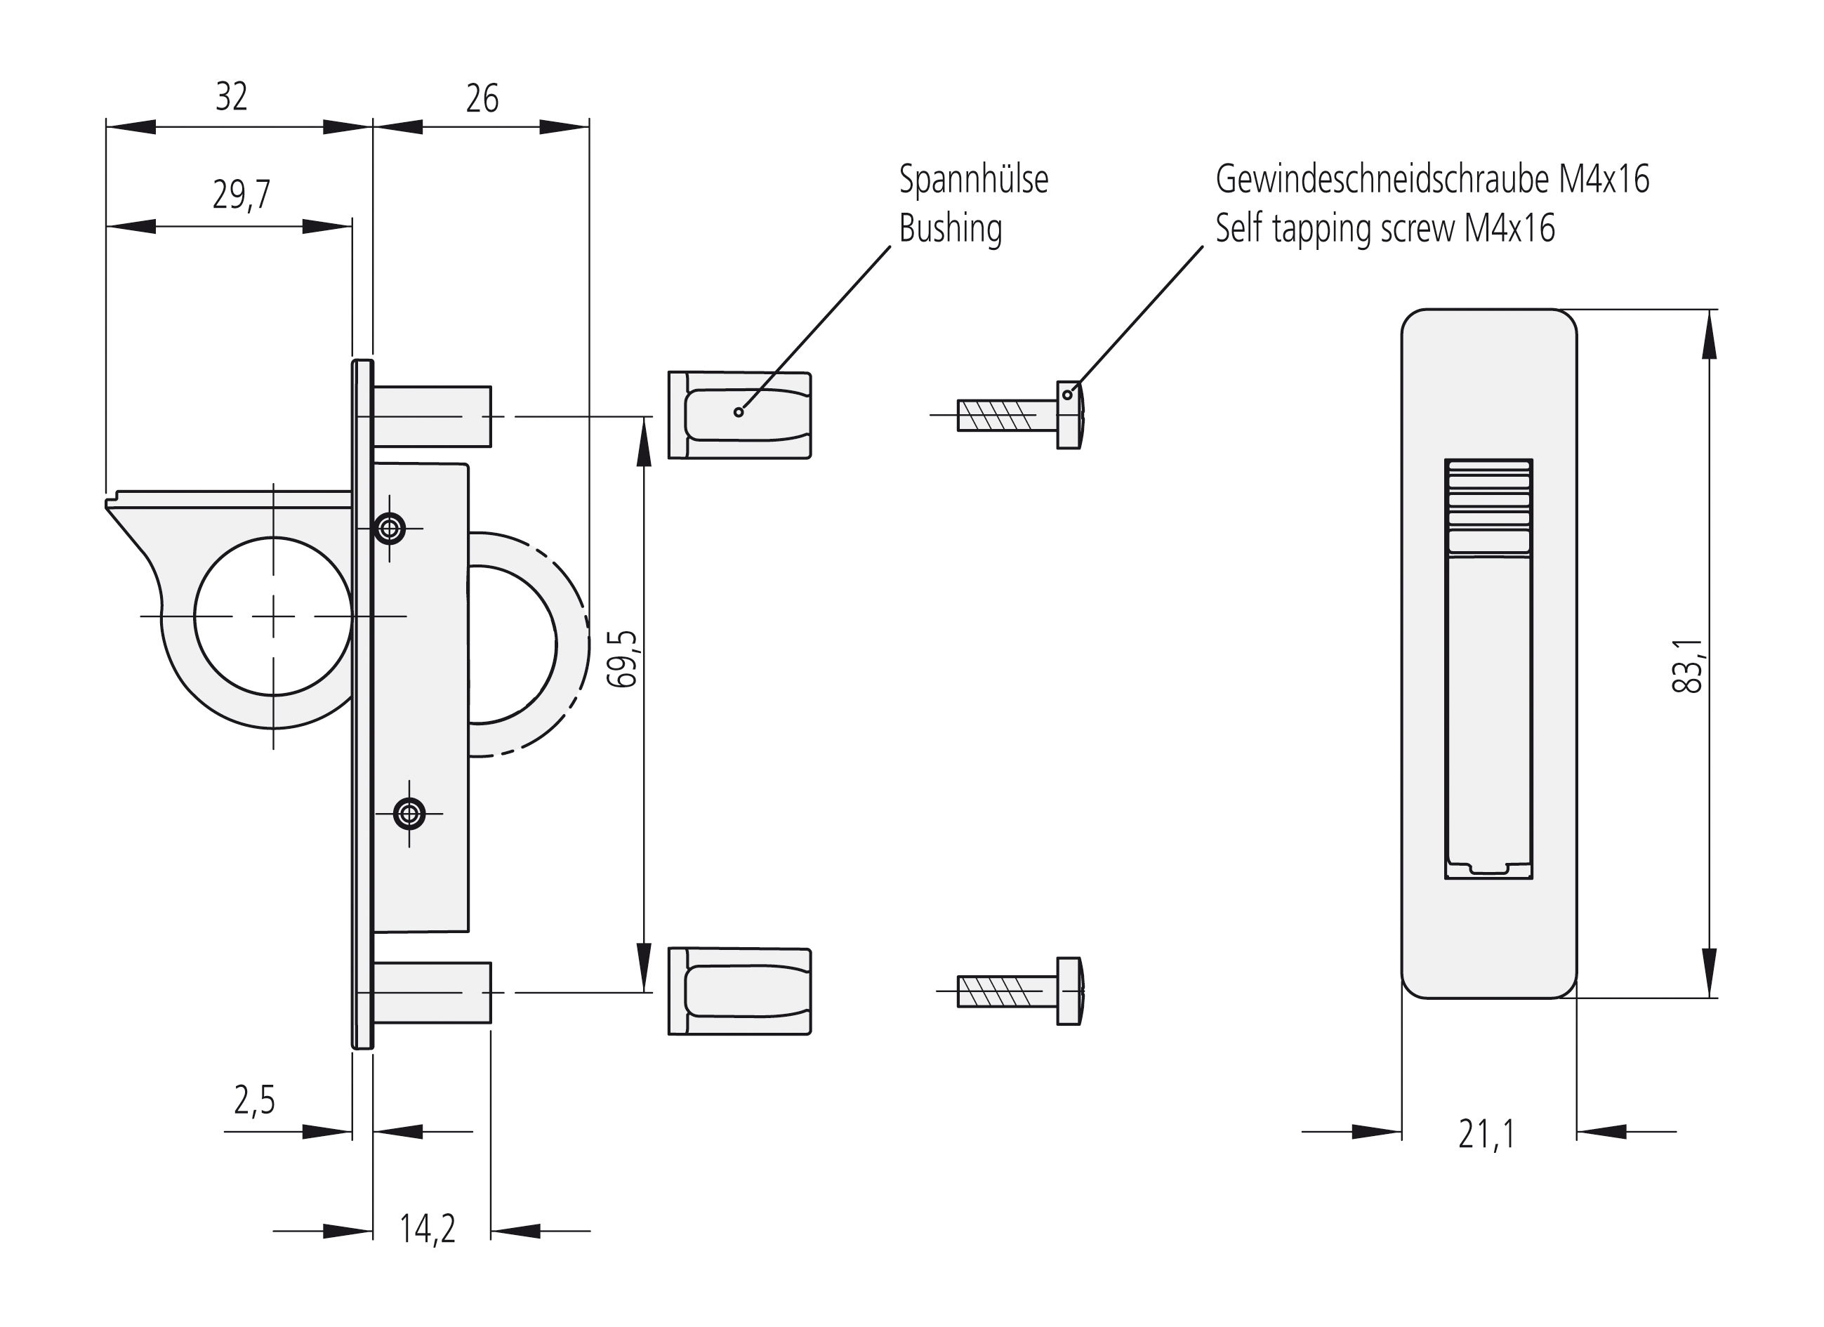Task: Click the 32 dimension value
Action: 232,98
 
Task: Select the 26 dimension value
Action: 482,99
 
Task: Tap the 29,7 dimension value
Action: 242,194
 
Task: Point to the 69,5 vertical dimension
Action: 621,659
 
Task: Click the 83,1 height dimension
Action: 1687,666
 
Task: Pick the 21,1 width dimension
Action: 1487,1135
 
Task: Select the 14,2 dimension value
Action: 427,1229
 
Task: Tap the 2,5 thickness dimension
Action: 254,1101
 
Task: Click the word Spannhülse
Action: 973,179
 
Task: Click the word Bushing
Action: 950,229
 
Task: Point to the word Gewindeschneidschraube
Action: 1385,179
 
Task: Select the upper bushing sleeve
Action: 739,415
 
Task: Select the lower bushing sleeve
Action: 739,991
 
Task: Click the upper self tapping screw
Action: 1019,415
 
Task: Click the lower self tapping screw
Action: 1019,991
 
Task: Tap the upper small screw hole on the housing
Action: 390,529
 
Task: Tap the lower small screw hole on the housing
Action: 409,814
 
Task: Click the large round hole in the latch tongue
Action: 273,616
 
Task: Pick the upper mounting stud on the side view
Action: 432,416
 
